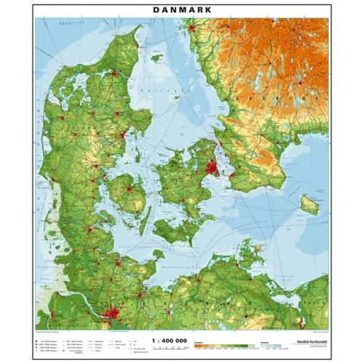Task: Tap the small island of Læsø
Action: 156,56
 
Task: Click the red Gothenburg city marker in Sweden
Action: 192,28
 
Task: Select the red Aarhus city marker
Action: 122,134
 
